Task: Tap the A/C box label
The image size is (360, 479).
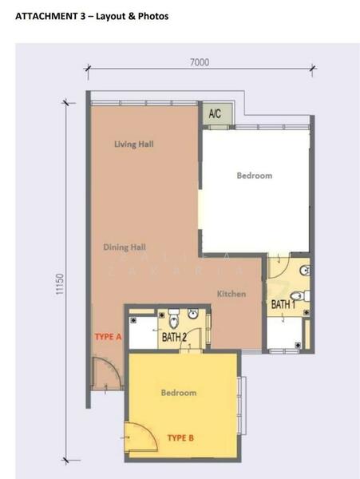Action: point(215,115)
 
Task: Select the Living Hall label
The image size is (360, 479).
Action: point(133,144)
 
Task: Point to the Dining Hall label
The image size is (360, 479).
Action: point(125,247)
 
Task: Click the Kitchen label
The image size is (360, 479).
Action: point(231,294)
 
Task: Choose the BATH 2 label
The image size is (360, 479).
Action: point(174,338)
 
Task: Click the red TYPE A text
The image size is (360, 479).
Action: point(108,337)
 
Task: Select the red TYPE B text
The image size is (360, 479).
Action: point(181,437)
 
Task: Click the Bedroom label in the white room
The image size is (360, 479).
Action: point(254,176)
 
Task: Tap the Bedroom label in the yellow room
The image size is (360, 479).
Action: point(178,393)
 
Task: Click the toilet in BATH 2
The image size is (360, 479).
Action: point(173,321)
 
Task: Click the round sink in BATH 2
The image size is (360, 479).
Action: point(192,314)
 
